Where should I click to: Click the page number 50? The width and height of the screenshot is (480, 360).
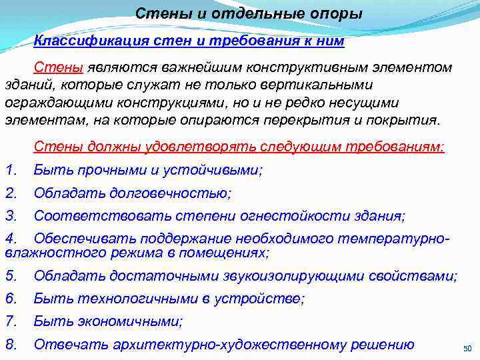pos(467,349)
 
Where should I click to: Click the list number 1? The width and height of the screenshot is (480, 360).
pos(10,170)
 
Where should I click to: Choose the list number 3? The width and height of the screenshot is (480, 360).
pos(10,216)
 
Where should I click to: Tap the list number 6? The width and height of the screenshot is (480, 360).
pos(10,299)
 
